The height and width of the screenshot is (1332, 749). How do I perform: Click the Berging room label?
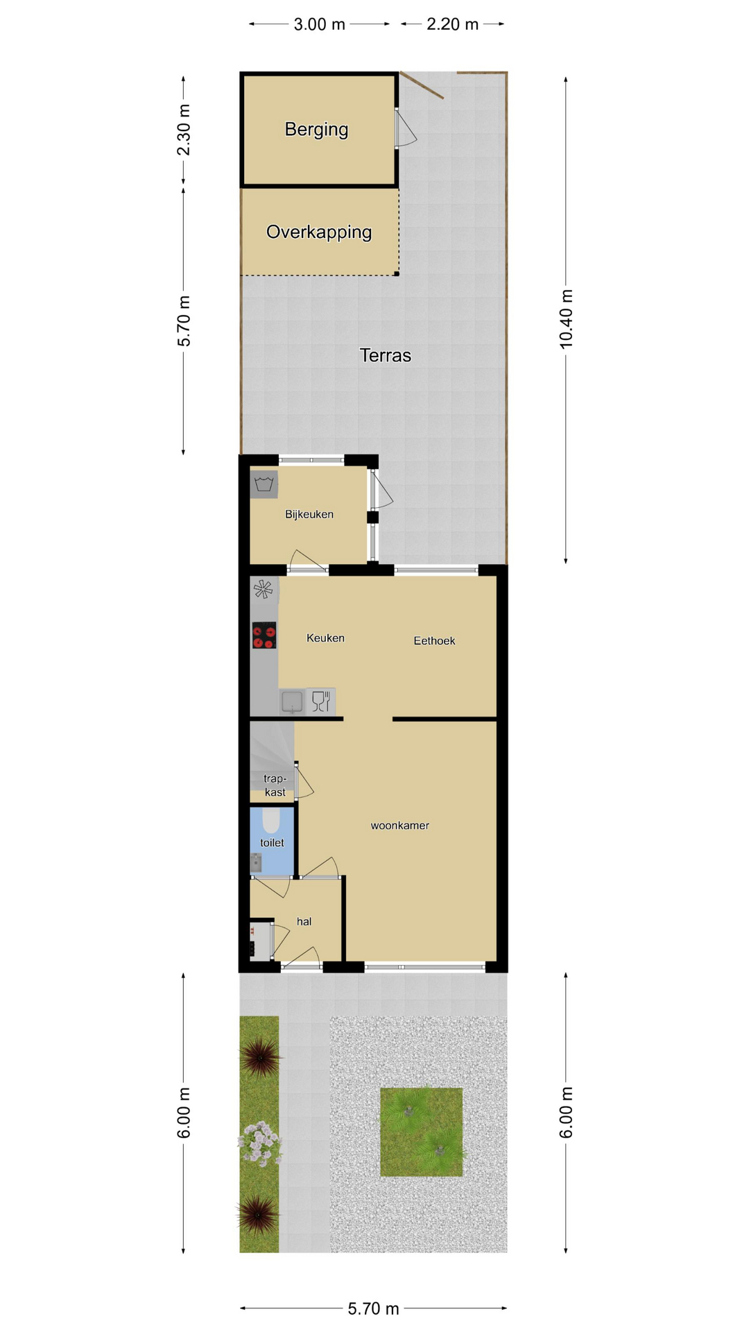tap(316, 130)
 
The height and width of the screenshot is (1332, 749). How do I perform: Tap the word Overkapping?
tap(319, 232)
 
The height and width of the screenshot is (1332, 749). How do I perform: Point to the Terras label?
tap(385, 355)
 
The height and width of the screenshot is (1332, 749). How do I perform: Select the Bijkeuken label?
tap(309, 514)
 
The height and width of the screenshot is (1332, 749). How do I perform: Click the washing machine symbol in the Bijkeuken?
tap(264, 484)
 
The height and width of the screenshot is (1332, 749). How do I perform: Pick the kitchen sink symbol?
tap(293, 701)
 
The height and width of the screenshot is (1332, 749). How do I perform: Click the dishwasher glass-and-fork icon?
tap(320, 701)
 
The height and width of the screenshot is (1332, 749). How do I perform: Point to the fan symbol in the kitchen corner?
tap(264, 590)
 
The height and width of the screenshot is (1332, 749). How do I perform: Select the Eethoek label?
tap(434, 641)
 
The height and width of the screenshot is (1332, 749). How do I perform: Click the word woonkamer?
tap(399, 826)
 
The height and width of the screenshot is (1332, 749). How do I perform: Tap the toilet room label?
tap(272, 843)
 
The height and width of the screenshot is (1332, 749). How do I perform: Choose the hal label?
tap(304, 921)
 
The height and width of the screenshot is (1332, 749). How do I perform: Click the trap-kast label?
tap(275, 785)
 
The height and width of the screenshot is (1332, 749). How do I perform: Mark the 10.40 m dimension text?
tap(567, 319)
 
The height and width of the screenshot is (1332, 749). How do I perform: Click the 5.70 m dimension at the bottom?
tap(373, 1308)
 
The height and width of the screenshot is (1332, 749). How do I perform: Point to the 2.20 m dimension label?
tap(452, 24)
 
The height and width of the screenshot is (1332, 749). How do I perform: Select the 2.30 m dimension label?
tap(183, 130)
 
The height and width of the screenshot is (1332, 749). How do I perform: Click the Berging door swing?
tap(406, 129)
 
